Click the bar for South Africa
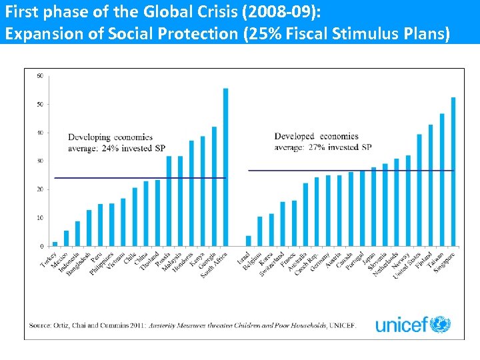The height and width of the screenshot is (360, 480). click(x=225, y=167)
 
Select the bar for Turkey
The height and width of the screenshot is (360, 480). click(x=55, y=244)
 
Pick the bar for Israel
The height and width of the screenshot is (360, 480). click(x=248, y=241)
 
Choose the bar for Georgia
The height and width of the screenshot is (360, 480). click(x=214, y=186)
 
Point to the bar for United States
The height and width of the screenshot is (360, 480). click(x=419, y=190)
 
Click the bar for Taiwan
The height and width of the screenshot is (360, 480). click(x=442, y=179)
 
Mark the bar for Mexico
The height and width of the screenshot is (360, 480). click(x=66, y=238)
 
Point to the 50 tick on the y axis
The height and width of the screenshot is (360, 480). click(x=40, y=105)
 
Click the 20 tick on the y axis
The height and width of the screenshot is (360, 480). click(x=40, y=190)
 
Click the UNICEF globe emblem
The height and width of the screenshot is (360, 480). click(x=440, y=325)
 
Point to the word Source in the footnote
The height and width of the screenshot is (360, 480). click(x=39, y=325)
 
